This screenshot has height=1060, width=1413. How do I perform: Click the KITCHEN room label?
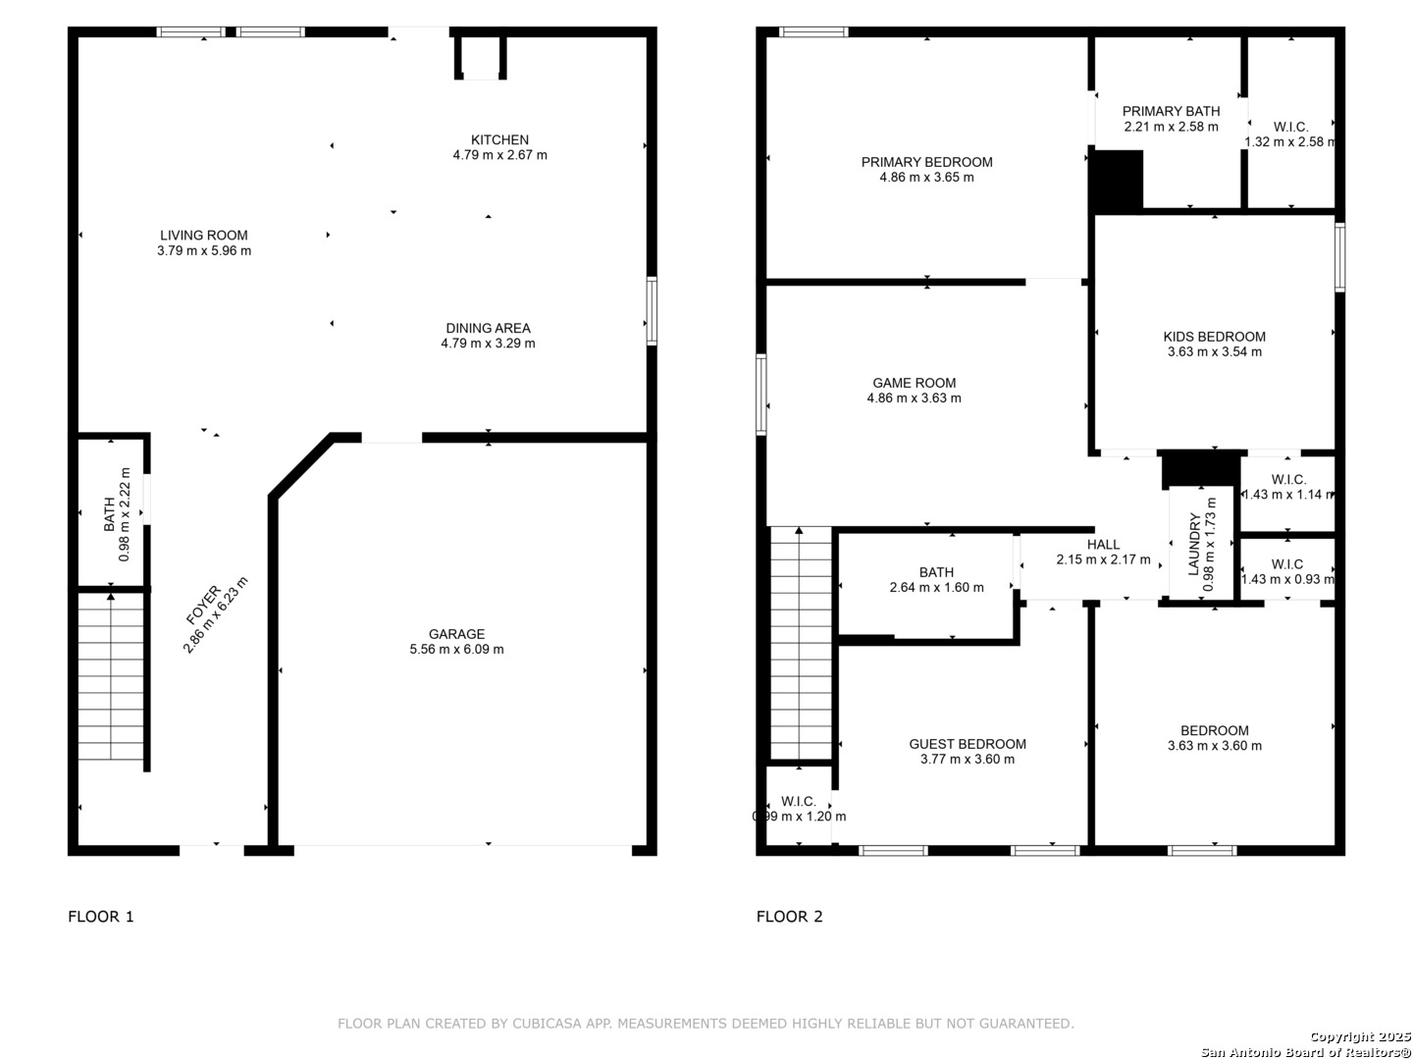(499, 139)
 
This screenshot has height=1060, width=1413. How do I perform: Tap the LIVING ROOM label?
(204, 236)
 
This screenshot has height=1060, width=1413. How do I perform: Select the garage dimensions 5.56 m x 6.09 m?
(456, 650)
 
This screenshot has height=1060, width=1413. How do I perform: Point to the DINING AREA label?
(488, 328)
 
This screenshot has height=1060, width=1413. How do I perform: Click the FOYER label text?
(203, 605)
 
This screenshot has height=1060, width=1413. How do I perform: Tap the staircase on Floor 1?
(111, 676)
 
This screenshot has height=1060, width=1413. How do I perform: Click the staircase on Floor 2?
(801, 643)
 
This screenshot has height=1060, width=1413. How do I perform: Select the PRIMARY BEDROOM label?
(927, 162)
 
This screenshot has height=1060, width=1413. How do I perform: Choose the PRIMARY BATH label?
(1171, 111)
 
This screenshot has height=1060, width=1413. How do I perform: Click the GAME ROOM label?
(915, 383)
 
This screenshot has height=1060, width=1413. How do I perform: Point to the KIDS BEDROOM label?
(1215, 337)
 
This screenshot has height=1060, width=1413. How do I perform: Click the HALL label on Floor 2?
(1103, 545)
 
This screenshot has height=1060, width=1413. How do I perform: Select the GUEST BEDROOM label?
(968, 744)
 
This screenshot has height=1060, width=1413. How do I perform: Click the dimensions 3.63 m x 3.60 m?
(1215, 746)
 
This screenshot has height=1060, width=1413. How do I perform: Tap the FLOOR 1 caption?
(101, 917)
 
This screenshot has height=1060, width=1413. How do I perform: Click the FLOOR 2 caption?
(789, 917)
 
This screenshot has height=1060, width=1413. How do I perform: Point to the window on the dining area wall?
(652, 311)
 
